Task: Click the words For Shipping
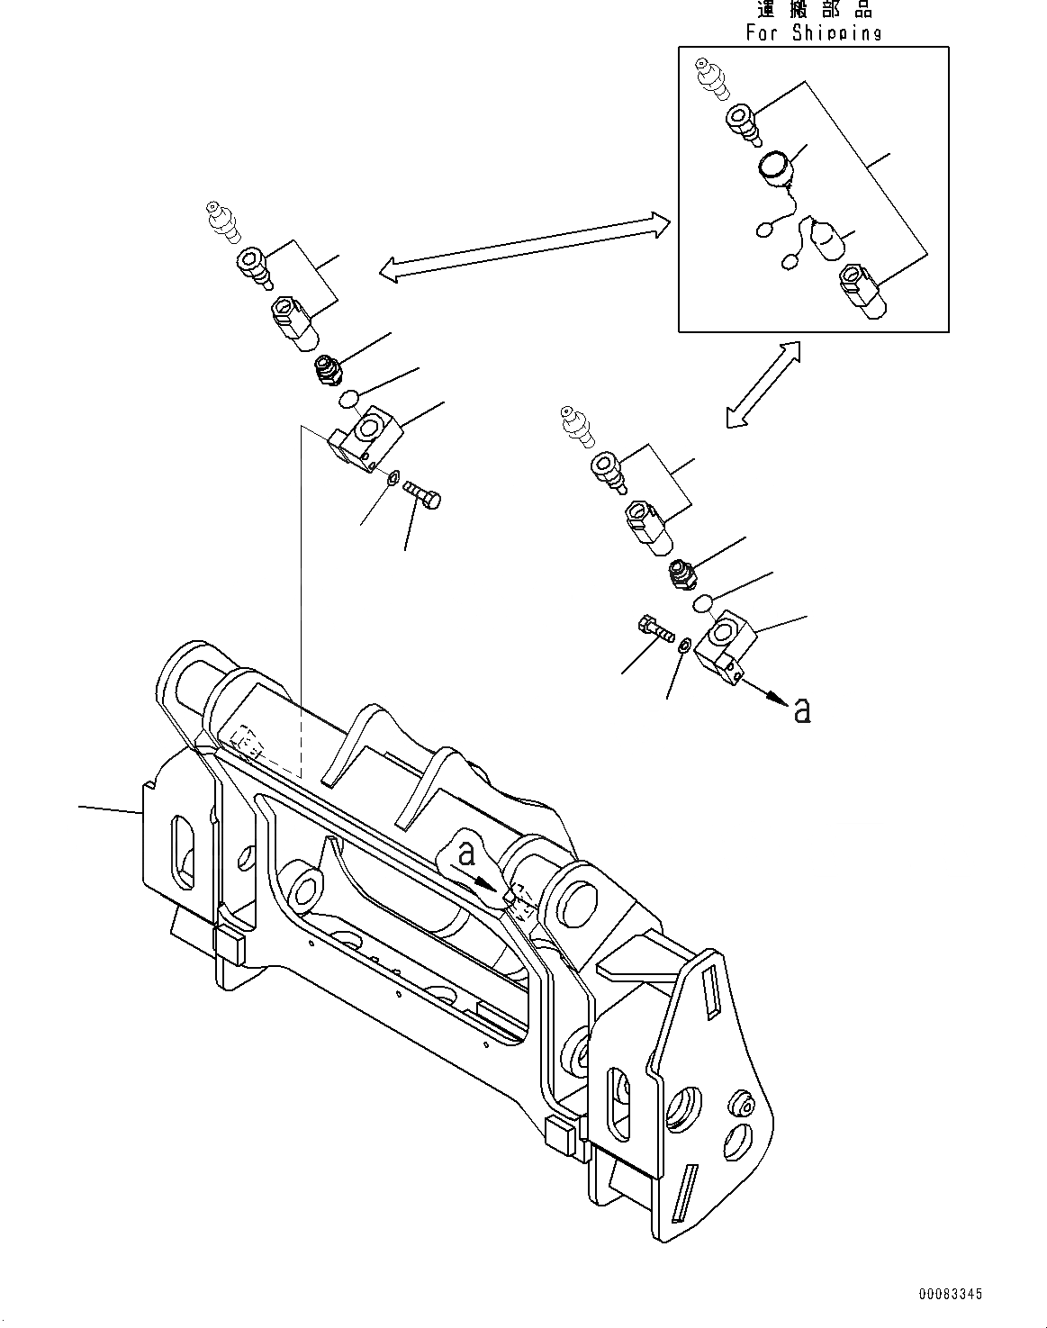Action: pyautogui.click(x=813, y=33)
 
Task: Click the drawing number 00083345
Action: pyautogui.click(x=950, y=1294)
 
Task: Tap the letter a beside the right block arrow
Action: pyautogui.click(x=802, y=710)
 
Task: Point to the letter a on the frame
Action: pyautogui.click(x=466, y=853)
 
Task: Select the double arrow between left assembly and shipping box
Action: pyautogui.click(x=524, y=243)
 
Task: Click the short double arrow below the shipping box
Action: pyautogui.click(x=763, y=384)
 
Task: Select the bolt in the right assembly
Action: pyautogui.click(x=655, y=627)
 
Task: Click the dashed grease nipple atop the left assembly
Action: pyautogui.click(x=221, y=221)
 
